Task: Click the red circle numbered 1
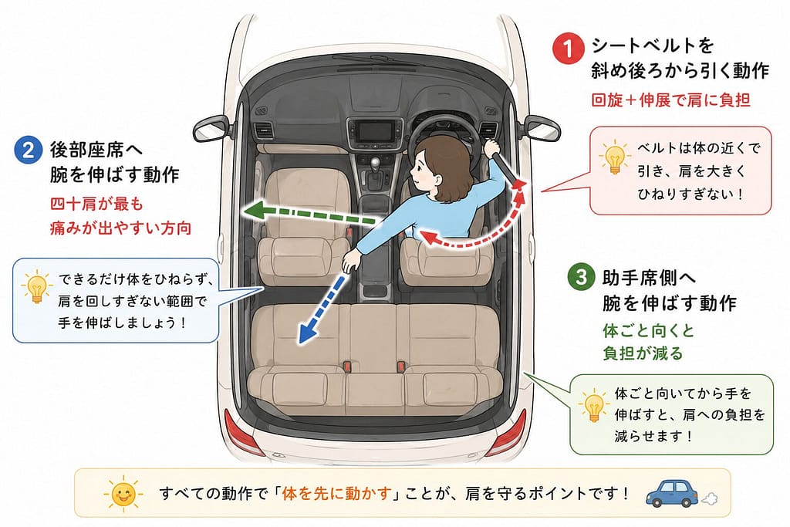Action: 568,49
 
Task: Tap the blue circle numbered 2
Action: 29,150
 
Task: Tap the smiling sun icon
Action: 123,493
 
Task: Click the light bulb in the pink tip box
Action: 614,157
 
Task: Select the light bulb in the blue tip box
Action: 37,286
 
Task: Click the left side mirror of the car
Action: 211,128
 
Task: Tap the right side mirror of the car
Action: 542,128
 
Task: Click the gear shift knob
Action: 375,164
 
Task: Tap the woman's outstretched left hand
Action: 351,262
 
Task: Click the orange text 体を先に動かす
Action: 336,493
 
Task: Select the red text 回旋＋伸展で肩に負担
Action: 670,100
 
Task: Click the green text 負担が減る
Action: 643,353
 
